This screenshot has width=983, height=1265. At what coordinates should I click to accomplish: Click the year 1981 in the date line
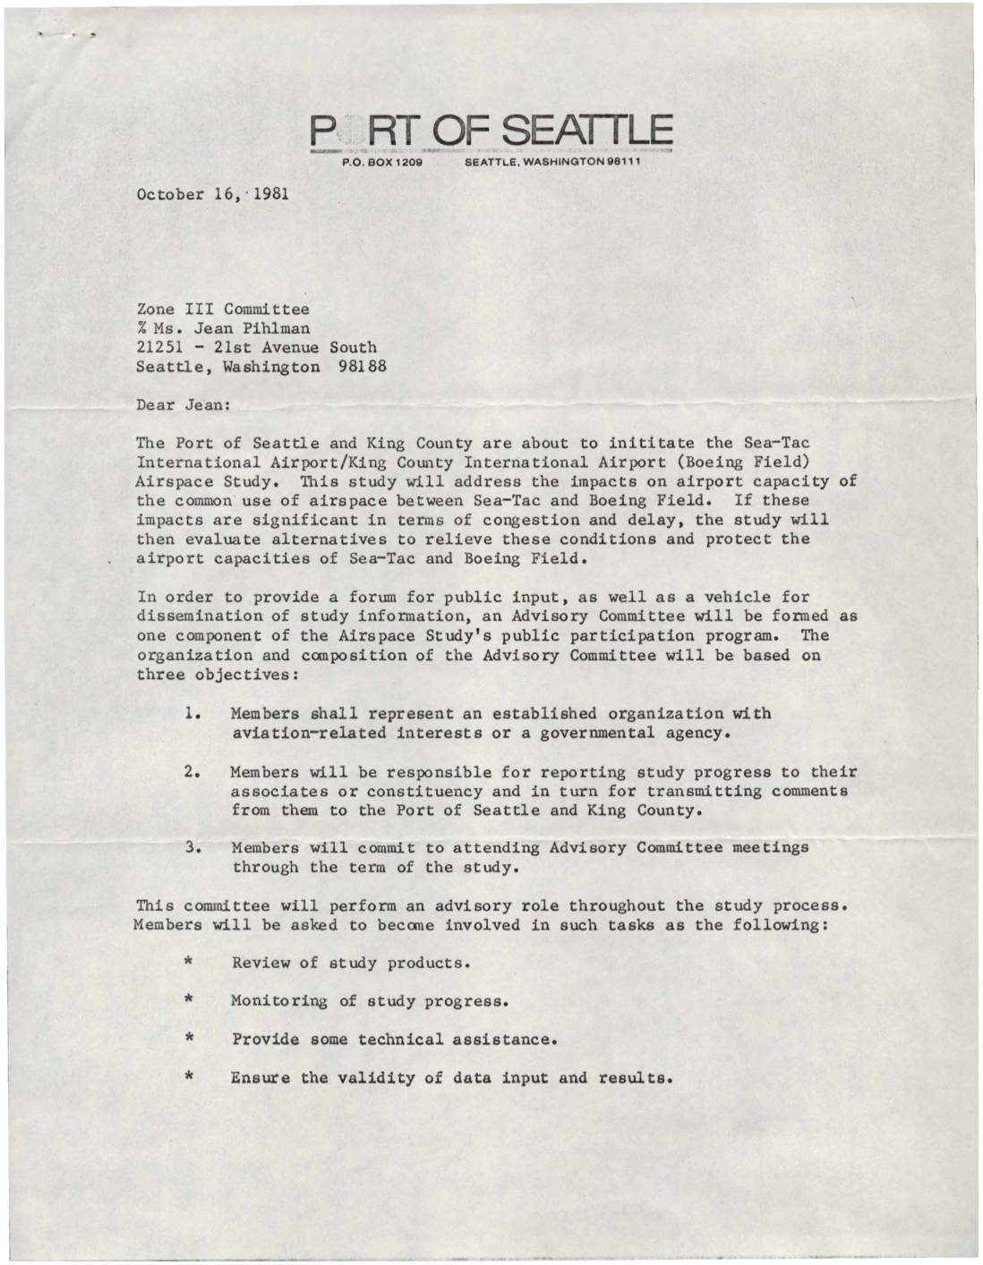click(270, 193)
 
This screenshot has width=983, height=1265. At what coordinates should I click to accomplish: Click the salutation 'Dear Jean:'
click(183, 404)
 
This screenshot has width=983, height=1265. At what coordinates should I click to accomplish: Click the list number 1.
click(191, 714)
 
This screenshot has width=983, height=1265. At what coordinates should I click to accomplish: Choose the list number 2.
click(191, 771)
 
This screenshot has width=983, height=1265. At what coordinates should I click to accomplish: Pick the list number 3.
click(191, 847)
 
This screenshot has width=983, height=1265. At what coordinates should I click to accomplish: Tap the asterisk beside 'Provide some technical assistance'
click(190, 1040)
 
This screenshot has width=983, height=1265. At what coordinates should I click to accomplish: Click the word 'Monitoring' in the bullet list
click(279, 1001)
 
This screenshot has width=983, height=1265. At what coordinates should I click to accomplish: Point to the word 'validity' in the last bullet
click(375, 1078)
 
